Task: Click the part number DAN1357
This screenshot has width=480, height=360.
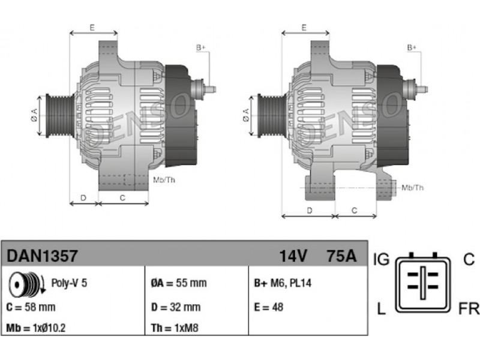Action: [42, 256]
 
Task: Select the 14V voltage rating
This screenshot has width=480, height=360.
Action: [293, 256]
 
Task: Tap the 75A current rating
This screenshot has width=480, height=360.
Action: [341, 256]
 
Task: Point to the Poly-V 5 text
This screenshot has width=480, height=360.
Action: [69, 283]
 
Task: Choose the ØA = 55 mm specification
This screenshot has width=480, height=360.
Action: [179, 283]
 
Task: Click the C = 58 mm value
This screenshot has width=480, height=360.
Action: [31, 307]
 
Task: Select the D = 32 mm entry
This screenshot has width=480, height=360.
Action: [176, 307]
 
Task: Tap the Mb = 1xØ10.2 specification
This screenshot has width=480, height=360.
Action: [36, 328]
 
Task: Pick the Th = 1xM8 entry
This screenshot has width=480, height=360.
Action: [175, 328]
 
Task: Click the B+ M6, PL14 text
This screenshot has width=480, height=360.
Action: [283, 283]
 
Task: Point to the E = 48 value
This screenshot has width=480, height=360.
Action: [268, 307]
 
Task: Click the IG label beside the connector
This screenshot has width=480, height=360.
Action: [381, 260]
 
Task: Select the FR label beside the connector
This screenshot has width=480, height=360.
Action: [469, 308]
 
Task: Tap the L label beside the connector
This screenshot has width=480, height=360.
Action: [381, 308]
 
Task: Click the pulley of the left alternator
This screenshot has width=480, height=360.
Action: [59, 116]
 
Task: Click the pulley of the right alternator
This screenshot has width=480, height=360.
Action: [272, 116]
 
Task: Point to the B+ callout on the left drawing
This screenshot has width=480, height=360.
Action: [201, 48]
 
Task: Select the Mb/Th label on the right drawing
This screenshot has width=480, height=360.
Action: [413, 188]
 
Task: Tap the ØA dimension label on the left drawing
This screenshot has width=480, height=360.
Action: [34, 115]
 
